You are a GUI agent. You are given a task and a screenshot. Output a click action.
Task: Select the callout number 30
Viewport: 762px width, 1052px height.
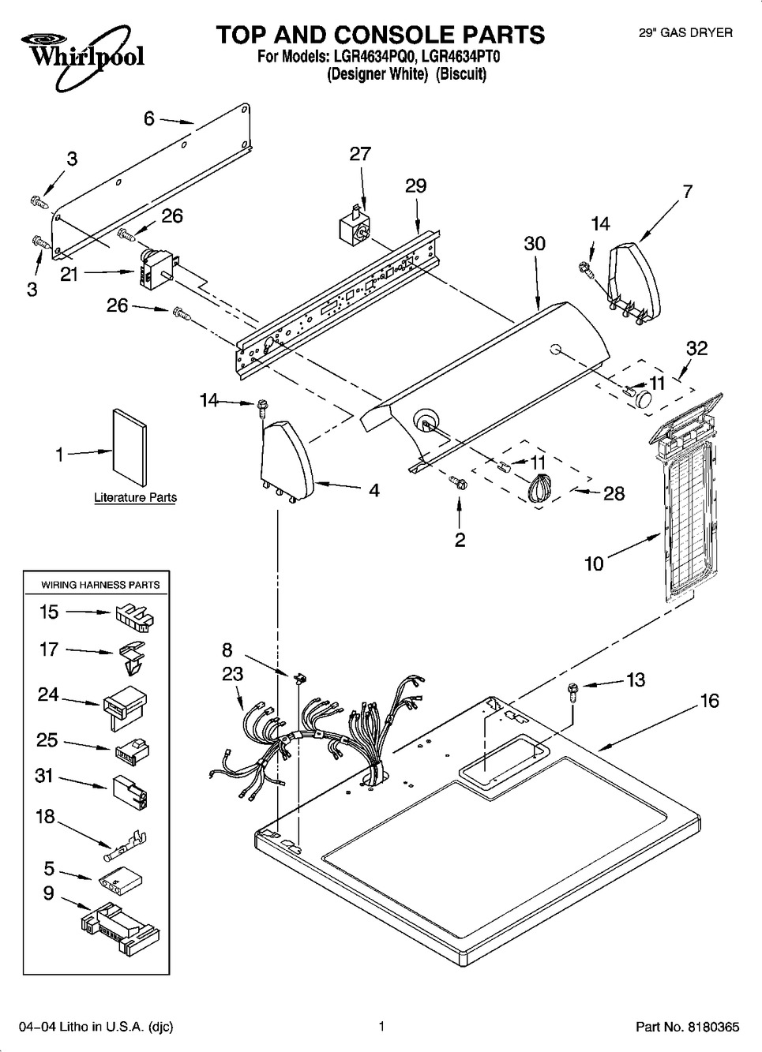[x=535, y=244]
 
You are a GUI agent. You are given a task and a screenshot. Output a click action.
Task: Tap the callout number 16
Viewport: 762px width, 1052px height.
[x=709, y=700]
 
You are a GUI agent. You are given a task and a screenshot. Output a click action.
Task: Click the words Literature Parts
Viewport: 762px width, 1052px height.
[x=135, y=497]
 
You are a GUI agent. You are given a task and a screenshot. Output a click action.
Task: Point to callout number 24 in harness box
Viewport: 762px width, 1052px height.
[x=48, y=694]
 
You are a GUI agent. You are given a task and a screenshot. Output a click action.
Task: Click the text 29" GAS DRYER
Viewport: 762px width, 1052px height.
[x=685, y=32]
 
